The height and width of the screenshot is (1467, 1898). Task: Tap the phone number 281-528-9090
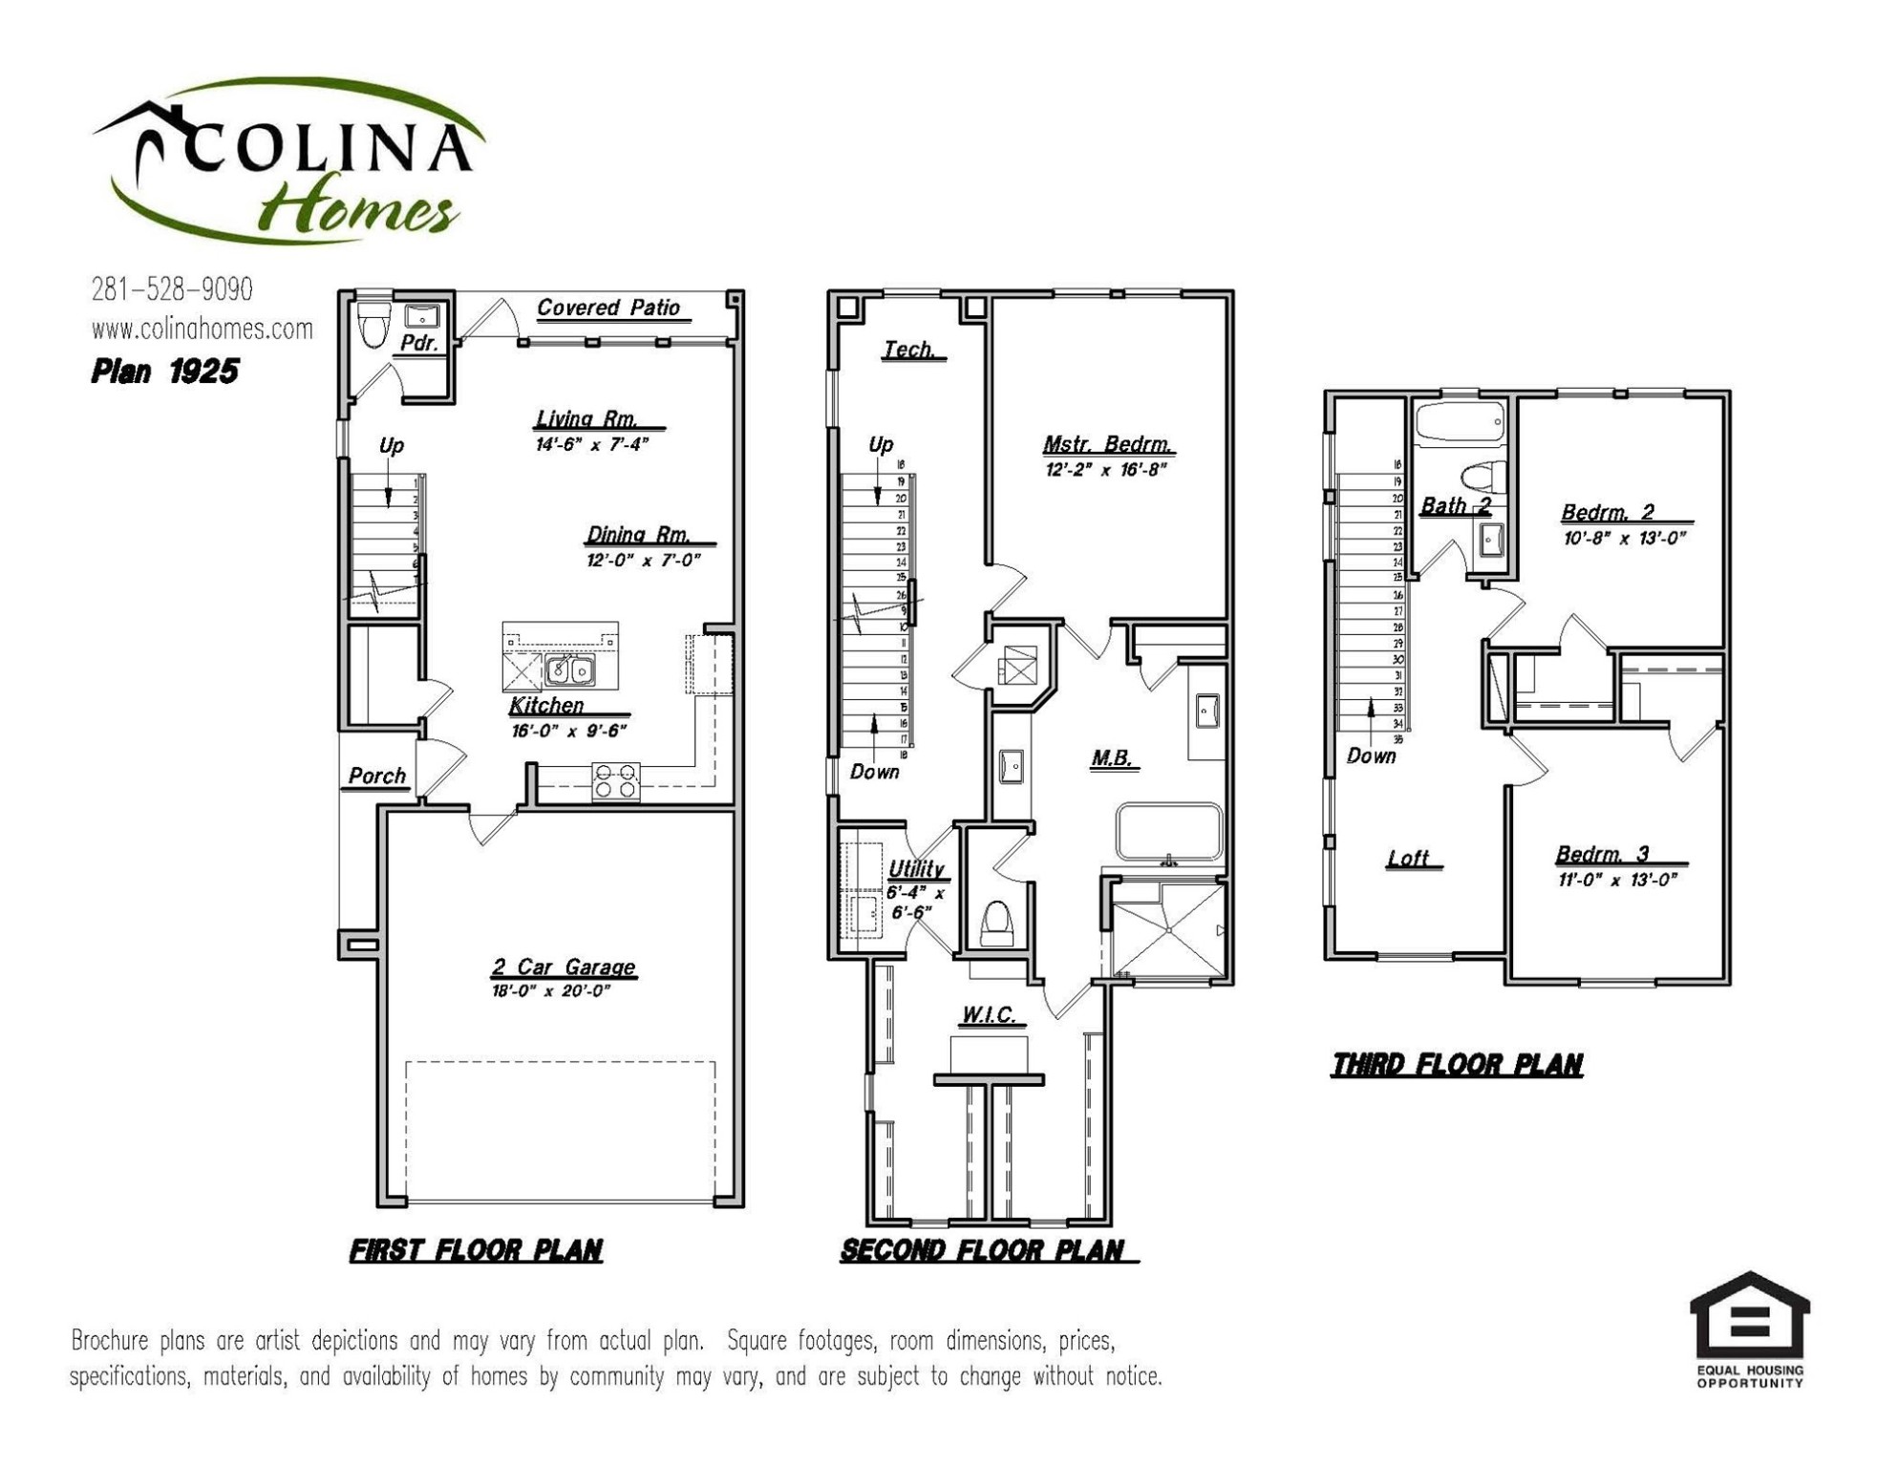pos(172,289)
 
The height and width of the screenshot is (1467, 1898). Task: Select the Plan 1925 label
pos(164,372)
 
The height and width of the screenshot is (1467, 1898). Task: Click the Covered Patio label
pos(608,308)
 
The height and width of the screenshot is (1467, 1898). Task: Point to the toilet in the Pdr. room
pos(373,324)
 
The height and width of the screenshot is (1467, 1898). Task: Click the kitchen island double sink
pos(570,670)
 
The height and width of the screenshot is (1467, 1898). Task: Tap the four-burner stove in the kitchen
pos(615,780)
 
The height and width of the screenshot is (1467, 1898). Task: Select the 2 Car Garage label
pos(564,967)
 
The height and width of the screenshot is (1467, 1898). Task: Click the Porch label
pos(376,776)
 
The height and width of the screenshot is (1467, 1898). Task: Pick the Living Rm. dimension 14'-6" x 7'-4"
pos(591,444)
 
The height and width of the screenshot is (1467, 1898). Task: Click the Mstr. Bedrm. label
pos(1107,445)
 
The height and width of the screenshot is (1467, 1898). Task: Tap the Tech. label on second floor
pos(909,351)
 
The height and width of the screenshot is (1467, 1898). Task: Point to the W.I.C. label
pos(989,1015)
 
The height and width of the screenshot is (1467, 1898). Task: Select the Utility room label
pos(916,869)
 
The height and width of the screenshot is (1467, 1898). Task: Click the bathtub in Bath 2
pos(1459,421)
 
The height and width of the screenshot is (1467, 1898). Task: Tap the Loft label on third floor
pos(1410,860)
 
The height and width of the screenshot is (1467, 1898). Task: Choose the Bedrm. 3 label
pos(1614,855)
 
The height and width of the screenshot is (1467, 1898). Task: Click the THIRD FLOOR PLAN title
pos(1457,1065)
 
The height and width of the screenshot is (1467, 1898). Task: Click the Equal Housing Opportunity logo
pos(1749,1328)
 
